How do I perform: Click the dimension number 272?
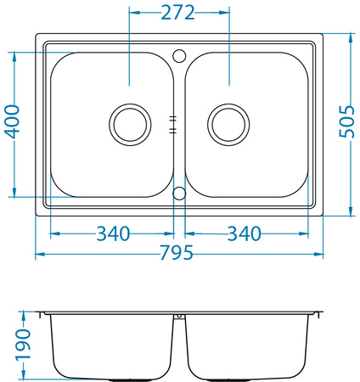pyautogui.click(x=178, y=13)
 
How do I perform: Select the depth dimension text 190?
pyautogui.click(x=23, y=345)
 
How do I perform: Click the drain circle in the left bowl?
pyautogui.click(x=130, y=124)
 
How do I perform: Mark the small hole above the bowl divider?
pyautogui.click(x=179, y=55)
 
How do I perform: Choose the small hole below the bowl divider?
pyautogui.click(x=179, y=193)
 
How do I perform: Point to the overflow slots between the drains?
pyautogui.click(x=173, y=124)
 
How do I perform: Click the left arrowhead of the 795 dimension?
pyautogui.click(x=39, y=254)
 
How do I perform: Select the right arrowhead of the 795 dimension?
pyautogui.click(x=320, y=254)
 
